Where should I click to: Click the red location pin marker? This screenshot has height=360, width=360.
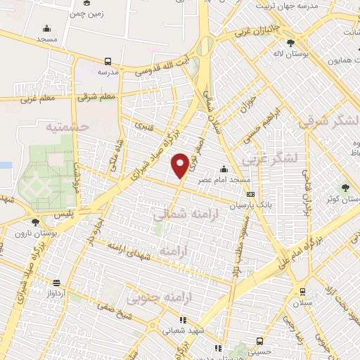click(x=180, y=165)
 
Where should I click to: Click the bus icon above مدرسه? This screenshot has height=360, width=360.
click(x=108, y=61)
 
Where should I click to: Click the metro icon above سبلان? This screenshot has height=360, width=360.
click(x=302, y=292)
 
